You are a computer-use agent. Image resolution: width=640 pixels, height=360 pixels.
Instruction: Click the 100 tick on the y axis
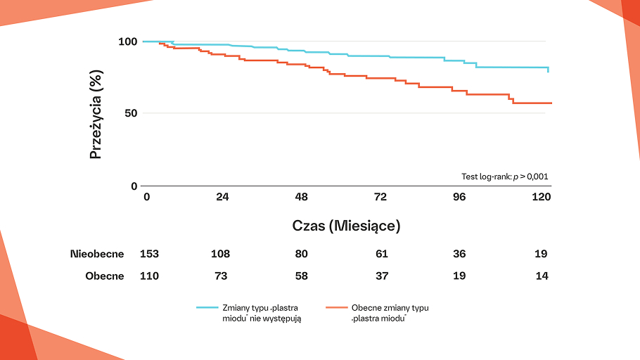pyautogui.click(x=127, y=41)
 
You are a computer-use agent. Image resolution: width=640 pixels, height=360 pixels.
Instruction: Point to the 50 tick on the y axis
pyautogui.click(x=130, y=113)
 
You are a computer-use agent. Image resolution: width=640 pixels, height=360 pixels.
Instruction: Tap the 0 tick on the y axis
pyautogui.click(x=134, y=186)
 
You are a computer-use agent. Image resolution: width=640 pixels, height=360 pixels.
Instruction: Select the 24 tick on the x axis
pyautogui.click(x=222, y=198)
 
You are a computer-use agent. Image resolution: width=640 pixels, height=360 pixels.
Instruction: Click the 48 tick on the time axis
pyautogui.click(x=302, y=198)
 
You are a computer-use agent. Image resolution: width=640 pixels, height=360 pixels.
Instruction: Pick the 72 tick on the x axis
pyautogui.click(x=380, y=198)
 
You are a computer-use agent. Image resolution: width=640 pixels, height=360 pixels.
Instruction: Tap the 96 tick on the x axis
pyautogui.click(x=459, y=198)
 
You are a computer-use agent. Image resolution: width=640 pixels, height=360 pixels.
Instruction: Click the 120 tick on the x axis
pyautogui.click(x=541, y=198)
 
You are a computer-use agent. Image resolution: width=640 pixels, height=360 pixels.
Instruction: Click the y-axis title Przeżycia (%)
pyautogui.click(x=96, y=113)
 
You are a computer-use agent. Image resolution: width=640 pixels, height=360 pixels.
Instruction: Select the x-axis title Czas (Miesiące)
pyautogui.click(x=346, y=226)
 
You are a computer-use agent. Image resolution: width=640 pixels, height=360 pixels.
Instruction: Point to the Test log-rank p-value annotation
pyautogui.click(x=504, y=176)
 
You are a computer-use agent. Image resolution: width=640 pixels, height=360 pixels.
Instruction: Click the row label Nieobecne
pyautogui.click(x=97, y=254)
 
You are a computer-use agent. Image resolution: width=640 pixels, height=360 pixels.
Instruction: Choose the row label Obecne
pyautogui.click(x=105, y=276)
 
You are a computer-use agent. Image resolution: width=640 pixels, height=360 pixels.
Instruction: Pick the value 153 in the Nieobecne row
pyautogui.click(x=149, y=254)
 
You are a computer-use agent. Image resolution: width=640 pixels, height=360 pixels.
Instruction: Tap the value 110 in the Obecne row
pyautogui.click(x=149, y=276)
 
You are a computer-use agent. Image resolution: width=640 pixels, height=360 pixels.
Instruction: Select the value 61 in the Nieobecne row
pyautogui.click(x=381, y=254)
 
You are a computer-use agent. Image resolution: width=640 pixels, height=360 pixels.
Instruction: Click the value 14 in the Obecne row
pyautogui.click(x=541, y=276)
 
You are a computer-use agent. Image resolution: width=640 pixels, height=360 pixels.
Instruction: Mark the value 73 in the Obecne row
pyautogui.click(x=221, y=276)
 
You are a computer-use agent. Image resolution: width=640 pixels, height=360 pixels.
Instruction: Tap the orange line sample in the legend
pyautogui.click(x=337, y=308)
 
